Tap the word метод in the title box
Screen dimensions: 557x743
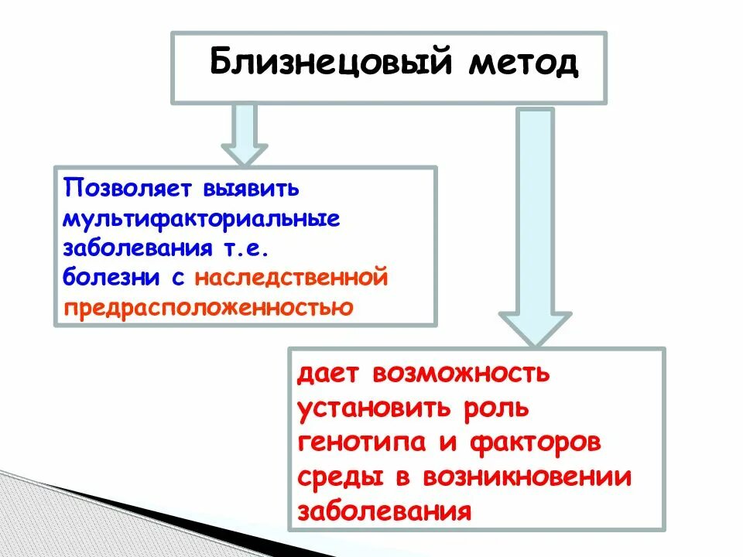tap(522, 63)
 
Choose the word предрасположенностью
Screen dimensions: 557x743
tap(209, 307)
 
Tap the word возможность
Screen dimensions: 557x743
tap(461, 374)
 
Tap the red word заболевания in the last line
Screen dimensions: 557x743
tap(385, 511)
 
